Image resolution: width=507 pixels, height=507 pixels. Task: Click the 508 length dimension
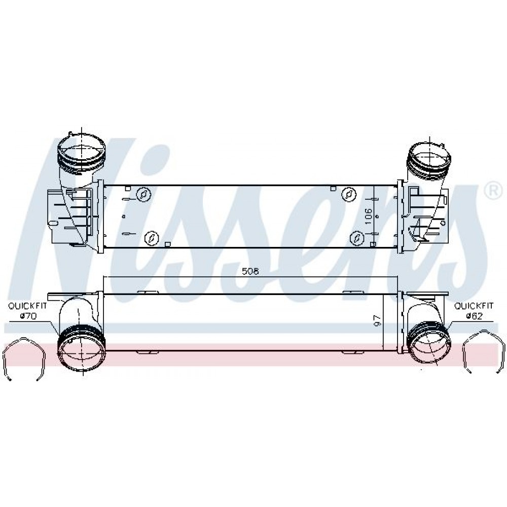[x=250, y=271]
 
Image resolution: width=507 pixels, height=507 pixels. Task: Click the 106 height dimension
[x=368, y=216]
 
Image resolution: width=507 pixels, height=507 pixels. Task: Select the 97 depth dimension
[x=377, y=320]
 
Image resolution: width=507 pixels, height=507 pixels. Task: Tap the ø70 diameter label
[x=28, y=316]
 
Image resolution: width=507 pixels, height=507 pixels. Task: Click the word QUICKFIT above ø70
[x=27, y=306]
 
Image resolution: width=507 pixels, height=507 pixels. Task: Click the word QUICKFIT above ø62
[x=474, y=306]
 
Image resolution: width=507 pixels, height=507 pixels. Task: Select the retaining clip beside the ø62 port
[x=483, y=352]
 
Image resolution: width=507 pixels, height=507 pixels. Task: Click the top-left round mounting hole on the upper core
[x=143, y=194]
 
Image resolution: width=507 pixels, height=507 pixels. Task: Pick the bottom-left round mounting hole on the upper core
[x=151, y=238]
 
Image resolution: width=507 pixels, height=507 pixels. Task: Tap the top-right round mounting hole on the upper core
[x=349, y=194]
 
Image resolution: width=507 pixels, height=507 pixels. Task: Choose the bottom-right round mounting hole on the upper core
[x=357, y=238]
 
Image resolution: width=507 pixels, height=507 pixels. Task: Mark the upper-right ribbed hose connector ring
[x=429, y=160]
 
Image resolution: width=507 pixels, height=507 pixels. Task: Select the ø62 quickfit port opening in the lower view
[x=429, y=345]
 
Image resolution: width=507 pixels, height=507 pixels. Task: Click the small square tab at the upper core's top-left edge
[x=128, y=189]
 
